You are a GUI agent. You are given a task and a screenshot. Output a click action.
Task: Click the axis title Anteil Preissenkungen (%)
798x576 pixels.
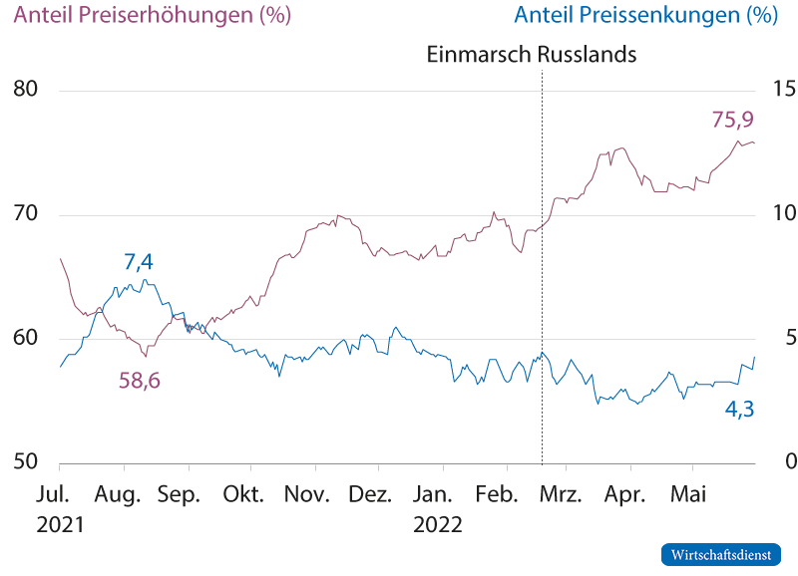pyautogui.click(x=644, y=16)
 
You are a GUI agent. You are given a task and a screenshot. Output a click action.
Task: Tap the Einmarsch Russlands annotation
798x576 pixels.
pyautogui.click(x=531, y=55)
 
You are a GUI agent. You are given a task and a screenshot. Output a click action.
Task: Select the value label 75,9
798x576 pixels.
pyautogui.click(x=731, y=120)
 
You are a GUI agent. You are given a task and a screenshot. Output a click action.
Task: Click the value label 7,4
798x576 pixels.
pyautogui.click(x=139, y=263)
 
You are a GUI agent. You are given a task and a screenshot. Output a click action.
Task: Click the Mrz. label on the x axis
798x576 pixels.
pyautogui.click(x=562, y=494)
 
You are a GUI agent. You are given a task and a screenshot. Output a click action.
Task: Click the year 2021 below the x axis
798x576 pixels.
pyautogui.click(x=61, y=524)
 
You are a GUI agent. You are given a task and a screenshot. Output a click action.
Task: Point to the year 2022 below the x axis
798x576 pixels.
pyautogui.click(x=438, y=524)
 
